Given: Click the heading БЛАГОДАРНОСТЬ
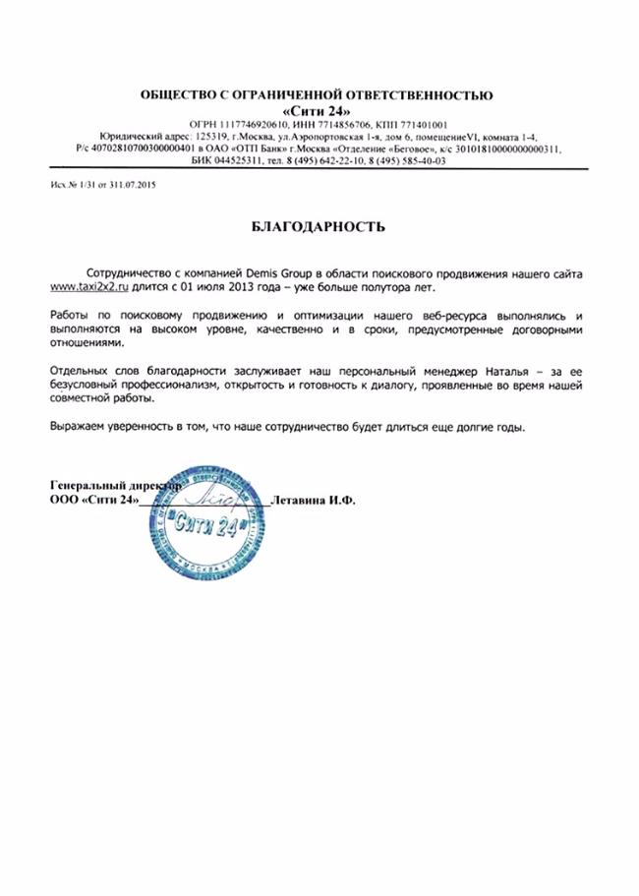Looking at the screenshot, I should [319, 227].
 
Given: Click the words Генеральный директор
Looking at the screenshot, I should [113, 486].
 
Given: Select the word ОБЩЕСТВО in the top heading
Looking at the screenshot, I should [180, 94].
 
